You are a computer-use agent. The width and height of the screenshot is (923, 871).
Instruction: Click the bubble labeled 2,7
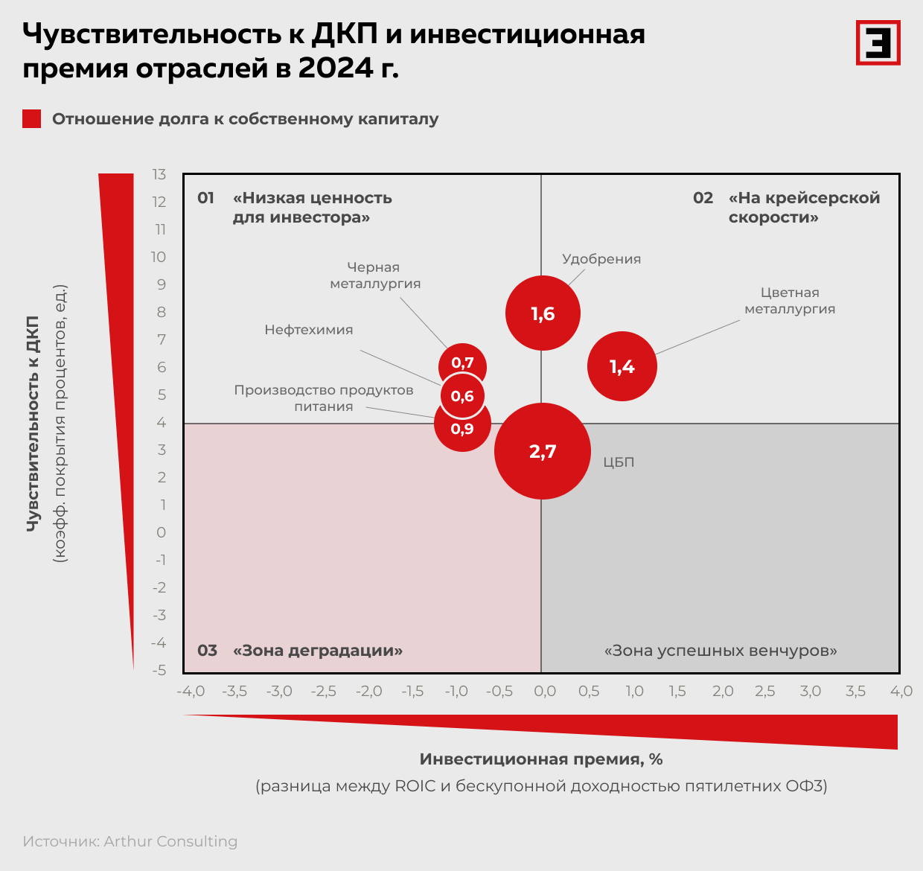[x=543, y=451]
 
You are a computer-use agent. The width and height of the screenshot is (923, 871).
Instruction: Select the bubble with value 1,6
[x=543, y=313]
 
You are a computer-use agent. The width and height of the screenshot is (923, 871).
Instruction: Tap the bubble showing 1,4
[x=622, y=366]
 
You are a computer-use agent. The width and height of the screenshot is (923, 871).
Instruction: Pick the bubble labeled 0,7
[x=463, y=363]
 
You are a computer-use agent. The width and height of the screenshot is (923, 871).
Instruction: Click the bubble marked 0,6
[x=462, y=396]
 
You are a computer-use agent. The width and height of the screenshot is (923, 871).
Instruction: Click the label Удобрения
[x=601, y=259]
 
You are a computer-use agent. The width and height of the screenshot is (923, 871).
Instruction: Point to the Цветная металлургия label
[x=790, y=301]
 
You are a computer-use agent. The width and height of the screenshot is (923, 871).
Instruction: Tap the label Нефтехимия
[x=309, y=330]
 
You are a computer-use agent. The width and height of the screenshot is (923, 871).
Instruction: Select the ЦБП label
[x=619, y=462]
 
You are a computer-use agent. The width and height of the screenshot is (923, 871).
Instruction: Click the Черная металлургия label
[x=375, y=275]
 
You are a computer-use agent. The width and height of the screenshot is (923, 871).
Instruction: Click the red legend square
[x=32, y=119]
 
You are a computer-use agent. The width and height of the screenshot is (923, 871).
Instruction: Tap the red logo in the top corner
[x=878, y=42]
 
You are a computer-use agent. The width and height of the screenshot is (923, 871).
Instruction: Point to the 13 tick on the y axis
[x=159, y=174]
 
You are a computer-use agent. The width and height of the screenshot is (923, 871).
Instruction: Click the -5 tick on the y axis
[x=159, y=670]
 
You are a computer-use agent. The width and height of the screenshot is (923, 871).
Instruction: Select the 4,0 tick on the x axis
[x=901, y=691]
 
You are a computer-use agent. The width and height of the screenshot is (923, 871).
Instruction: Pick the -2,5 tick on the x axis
[x=324, y=691]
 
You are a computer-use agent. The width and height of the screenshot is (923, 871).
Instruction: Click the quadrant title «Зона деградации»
[x=318, y=651]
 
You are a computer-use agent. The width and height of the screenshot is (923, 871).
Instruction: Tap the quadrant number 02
[x=703, y=198]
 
